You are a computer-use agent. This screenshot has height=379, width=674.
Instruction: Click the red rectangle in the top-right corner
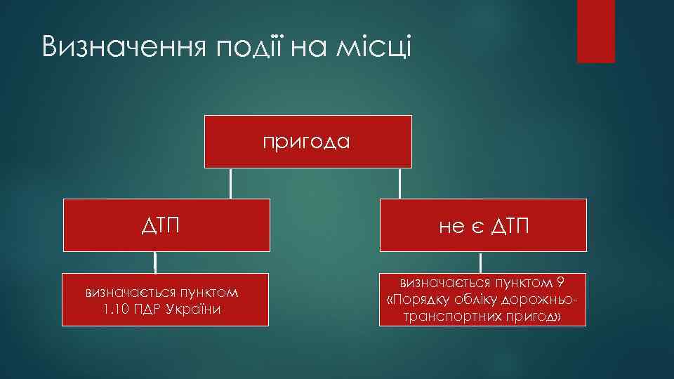click(595, 31)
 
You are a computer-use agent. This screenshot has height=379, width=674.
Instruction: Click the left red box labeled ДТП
click(166, 225)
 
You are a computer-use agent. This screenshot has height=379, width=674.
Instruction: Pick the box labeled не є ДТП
click(484, 225)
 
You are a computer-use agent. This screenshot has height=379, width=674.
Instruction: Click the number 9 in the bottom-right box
click(559, 283)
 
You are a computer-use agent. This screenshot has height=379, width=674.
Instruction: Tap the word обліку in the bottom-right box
click(477, 300)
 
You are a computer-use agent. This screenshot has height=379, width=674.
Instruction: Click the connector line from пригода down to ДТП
click(231, 184)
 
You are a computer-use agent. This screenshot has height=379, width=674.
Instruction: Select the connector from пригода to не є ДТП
click(399, 184)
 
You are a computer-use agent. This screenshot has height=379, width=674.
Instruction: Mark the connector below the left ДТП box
click(154, 262)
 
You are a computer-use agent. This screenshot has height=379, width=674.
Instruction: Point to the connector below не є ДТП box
click(480, 262)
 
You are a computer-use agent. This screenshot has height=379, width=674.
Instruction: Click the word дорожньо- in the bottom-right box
click(543, 300)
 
